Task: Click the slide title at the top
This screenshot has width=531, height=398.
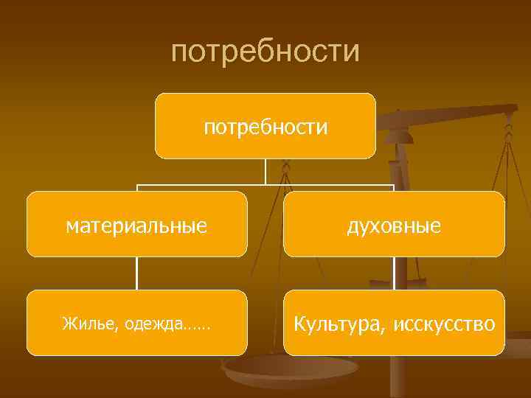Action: coord(265,52)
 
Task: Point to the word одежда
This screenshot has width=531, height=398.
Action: coord(153,324)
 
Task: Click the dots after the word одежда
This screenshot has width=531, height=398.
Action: coord(198,325)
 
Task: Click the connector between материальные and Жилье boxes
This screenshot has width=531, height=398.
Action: coord(136,273)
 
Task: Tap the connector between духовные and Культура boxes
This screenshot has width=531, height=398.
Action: coord(394,273)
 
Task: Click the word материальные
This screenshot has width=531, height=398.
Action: coord(136,225)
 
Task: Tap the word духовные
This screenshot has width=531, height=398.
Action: coord(394,225)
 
